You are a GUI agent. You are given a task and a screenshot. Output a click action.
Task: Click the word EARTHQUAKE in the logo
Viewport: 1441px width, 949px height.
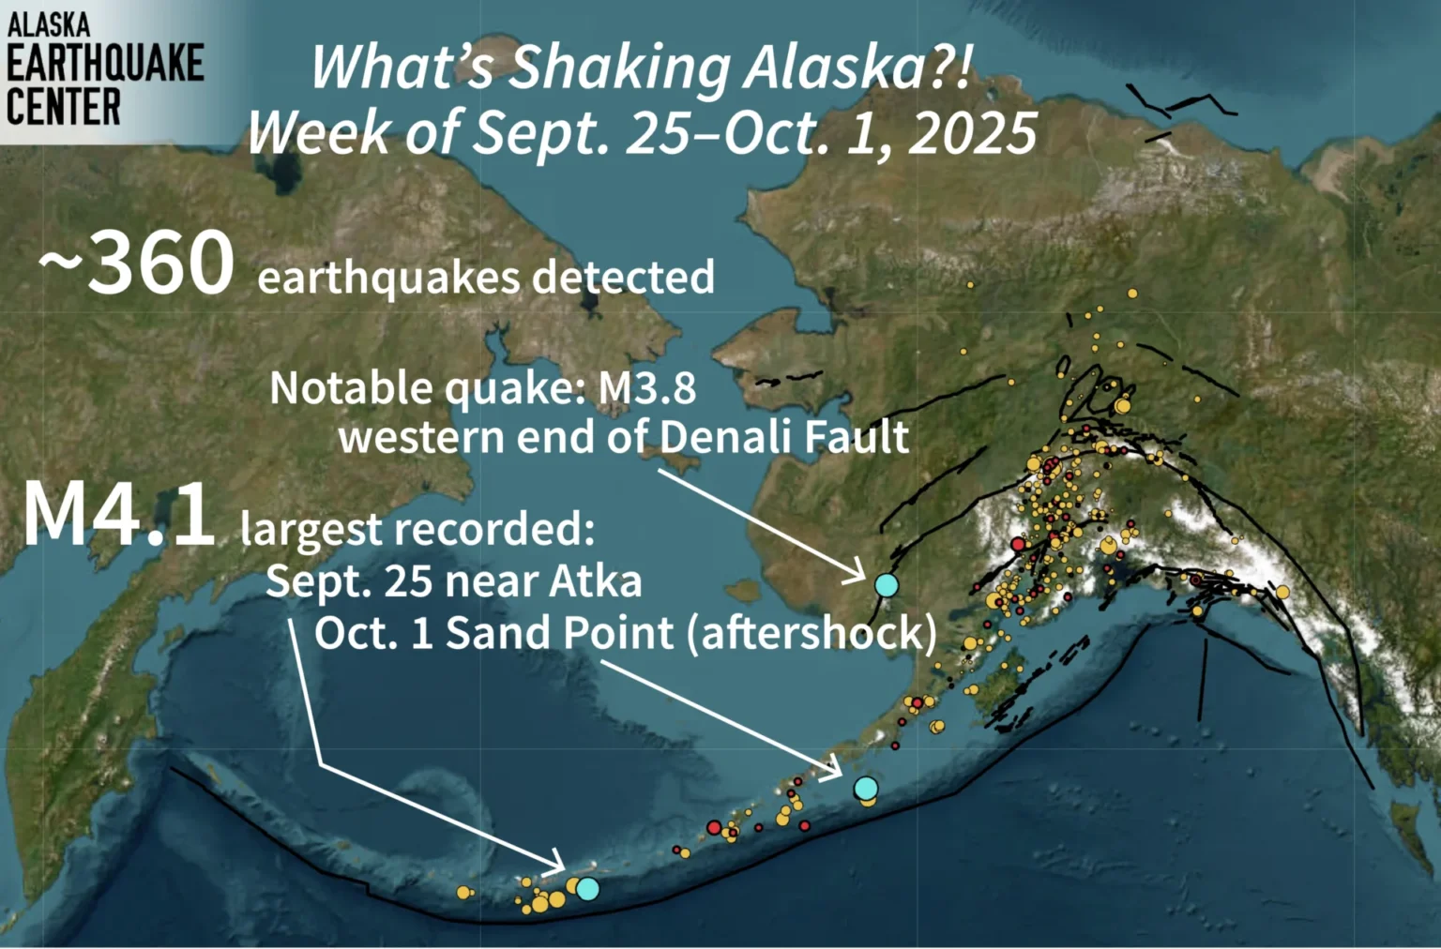point(105,62)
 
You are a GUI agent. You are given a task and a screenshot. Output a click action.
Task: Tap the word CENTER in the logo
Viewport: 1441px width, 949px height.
point(64,107)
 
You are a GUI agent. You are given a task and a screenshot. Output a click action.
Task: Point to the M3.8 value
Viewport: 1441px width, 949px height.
point(647,387)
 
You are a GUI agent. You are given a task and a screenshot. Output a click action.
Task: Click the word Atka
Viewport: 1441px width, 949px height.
point(595,581)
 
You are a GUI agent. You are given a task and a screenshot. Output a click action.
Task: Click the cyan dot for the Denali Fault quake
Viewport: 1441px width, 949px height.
point(887,585)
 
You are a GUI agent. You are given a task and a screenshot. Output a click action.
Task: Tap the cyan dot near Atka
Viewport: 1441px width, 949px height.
point(587,888)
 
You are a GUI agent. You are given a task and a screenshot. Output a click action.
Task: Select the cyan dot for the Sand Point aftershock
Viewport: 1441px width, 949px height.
point(865,788)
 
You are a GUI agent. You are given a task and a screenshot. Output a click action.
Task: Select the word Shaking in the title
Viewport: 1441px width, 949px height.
point(618,68)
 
